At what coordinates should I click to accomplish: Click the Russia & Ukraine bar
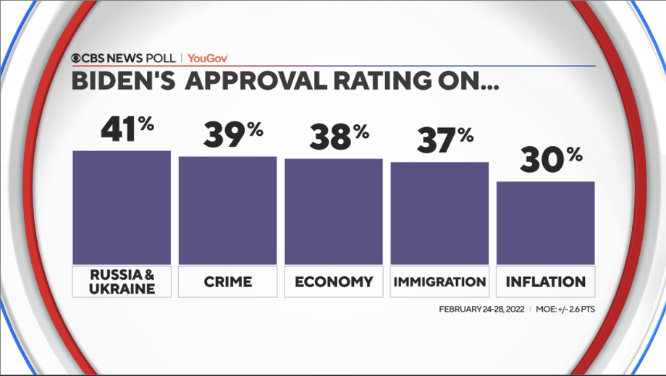point(122,208)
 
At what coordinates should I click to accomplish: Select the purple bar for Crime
point(227,210)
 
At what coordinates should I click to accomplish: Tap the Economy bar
point(333,211)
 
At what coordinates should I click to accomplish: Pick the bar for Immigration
point(439,213)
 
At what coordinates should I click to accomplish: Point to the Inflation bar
point(545,223)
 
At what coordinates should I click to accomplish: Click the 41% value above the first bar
point(127,129)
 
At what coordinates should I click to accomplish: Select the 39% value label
point(232,134)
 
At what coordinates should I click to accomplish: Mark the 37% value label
point(444,140)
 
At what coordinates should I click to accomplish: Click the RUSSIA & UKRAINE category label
point(122,281)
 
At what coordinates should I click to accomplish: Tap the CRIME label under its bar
point(227,281)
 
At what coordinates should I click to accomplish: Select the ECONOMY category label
point(334,281)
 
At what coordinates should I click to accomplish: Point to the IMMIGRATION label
point(439,281)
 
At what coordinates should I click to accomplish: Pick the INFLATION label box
point(545,281)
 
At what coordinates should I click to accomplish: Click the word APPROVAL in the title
point(268,81)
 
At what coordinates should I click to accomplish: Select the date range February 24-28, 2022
point(481,309)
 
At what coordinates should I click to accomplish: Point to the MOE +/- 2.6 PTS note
point(565,309)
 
